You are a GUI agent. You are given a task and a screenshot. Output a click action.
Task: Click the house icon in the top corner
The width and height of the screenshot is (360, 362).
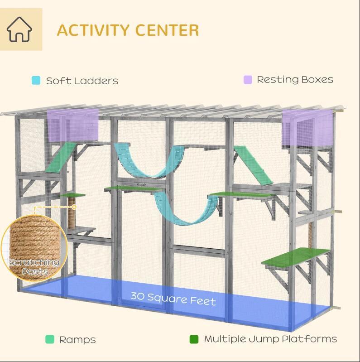click(x=19, y=29)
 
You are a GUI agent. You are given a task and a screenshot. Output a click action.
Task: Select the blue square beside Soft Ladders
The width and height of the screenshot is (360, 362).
click(x=36, y=81)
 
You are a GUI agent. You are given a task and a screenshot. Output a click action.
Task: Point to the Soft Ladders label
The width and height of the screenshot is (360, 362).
click(x=82, y=81)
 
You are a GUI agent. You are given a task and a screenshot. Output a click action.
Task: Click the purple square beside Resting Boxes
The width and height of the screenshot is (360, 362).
click(x=247, y=80)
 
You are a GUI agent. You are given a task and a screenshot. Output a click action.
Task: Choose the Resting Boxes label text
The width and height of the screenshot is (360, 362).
click(x=295, y=80)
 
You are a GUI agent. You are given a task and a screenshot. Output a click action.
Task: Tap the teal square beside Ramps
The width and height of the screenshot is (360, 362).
click(x=50, y=339)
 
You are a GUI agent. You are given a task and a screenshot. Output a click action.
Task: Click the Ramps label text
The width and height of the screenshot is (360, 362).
click(x=77, y=340)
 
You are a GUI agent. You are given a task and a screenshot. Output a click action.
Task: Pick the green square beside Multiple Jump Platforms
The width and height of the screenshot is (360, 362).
click(x=194, y=339)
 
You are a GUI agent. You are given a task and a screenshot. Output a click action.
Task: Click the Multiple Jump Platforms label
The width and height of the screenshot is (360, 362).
click(x=270, y=339)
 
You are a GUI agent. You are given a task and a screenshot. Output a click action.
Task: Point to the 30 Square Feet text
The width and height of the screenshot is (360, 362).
click(x=173, y=299)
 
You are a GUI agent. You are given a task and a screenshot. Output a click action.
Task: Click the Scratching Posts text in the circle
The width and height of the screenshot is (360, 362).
click(x=34, y=267)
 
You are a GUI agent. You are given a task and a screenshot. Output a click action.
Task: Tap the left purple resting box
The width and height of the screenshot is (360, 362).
click(x=73, y=125)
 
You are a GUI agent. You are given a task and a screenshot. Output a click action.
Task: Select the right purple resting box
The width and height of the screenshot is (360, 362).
click(x=307, y=128)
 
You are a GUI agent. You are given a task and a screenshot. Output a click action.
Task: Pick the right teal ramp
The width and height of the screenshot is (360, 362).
click(x=254, y=165)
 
